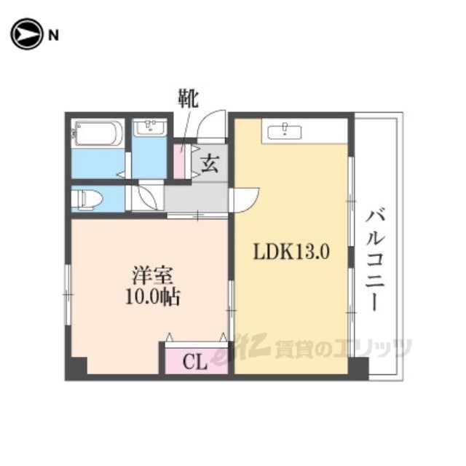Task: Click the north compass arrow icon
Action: [26, 34]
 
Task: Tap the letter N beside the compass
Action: [53, 36]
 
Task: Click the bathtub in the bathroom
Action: [98, 133]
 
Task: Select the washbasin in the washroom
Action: [149, 127]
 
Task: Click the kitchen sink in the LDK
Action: [285, 132]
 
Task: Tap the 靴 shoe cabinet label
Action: [188, 98]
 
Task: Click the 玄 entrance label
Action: [210, 164]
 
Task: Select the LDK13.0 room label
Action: [291, 253]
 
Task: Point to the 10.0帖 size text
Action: [153, 297]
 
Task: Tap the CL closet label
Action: [195, 362]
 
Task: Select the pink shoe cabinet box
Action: [180, 161]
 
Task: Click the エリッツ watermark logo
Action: [311, 348]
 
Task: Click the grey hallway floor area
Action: [196, 197]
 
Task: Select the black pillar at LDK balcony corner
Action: [359, 368]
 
